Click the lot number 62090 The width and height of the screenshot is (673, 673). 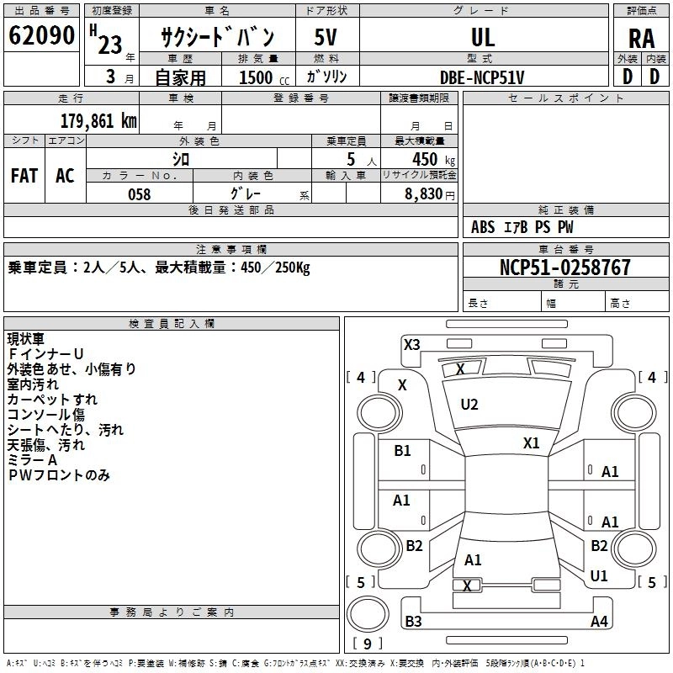42,37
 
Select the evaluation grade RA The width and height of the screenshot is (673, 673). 641,39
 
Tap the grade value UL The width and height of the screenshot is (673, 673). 483,37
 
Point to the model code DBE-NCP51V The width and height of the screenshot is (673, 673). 483,77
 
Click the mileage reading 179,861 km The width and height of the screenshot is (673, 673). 98,120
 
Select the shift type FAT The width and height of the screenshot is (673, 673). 24,176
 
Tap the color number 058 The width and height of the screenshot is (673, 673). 139,194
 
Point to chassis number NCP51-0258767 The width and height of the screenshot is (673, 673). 564,268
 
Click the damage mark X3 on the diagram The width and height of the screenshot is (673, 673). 411,344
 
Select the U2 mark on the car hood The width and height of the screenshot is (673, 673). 469,405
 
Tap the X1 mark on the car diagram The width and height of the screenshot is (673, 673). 531,442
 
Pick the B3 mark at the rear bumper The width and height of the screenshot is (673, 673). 413,622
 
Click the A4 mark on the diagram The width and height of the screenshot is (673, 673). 599,622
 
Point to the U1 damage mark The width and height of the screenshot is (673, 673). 599,576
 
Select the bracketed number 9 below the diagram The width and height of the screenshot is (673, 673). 368,644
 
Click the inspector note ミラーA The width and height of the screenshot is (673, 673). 32,460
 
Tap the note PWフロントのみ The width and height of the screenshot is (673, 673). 59,475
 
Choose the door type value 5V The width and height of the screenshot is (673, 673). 326,37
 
